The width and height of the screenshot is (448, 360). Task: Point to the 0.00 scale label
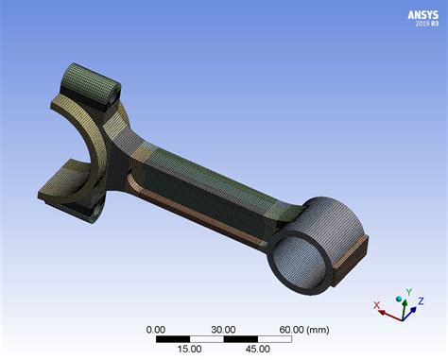157,329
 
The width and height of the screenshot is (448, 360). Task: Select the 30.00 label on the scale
223,329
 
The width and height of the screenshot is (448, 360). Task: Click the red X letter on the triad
376,305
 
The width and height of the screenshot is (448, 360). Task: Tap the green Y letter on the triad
407,292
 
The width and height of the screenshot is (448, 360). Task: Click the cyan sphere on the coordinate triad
402,301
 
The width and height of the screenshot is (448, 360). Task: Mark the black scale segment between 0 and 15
173,338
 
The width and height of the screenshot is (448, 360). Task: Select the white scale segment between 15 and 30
207,338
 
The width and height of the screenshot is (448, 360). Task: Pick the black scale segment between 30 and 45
240,338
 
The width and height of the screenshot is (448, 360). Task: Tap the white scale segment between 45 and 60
274,338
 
